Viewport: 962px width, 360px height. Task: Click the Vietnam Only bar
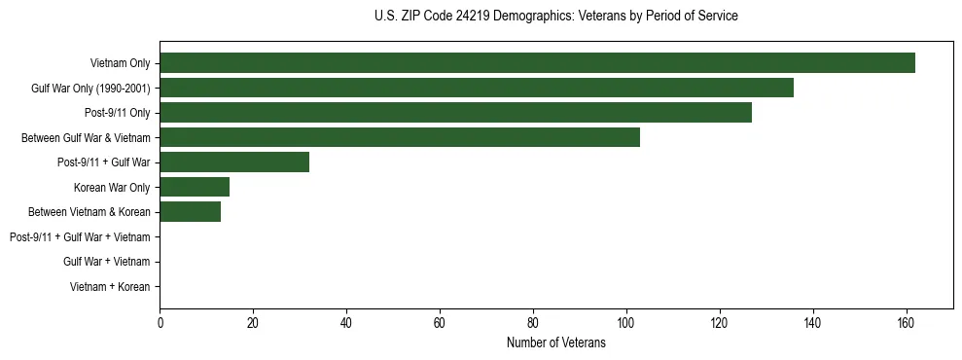pos(537,63)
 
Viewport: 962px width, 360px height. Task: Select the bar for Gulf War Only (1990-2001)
pos(477,88)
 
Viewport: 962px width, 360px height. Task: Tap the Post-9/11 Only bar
pos(455,113)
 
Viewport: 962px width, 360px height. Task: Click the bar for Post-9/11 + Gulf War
pos(234,162)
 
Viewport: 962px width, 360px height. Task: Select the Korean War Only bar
pos(195,187)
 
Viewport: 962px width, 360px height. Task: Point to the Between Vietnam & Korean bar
pos(190,212)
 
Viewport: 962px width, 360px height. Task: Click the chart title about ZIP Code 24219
pos(555,17)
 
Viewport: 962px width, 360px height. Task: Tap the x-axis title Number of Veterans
pos(555,342)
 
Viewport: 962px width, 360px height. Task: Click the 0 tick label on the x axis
pos(160,323)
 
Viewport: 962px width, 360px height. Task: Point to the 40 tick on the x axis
pos(346,323)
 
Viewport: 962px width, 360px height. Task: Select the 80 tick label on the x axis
pos(533,323)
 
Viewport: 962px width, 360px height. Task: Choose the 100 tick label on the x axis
pos(625,323)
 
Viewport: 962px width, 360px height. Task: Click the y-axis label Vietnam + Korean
pos(110,287)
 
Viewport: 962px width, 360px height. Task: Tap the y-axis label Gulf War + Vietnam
pos(106,262)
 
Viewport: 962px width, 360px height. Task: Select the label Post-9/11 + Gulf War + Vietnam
pos(80,237)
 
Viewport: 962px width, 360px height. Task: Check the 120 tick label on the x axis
pos(719,323)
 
